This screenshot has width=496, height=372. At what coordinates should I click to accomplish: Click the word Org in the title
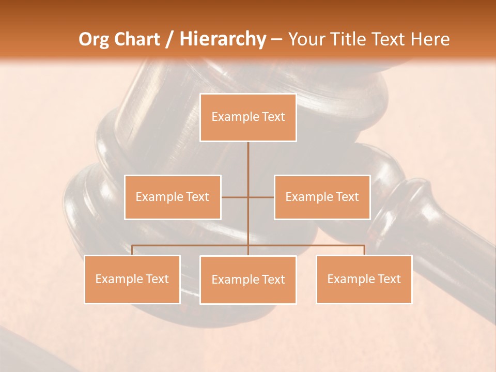95,39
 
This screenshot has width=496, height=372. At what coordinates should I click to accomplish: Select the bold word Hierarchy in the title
222,39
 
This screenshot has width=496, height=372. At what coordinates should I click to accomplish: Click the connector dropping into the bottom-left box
132,250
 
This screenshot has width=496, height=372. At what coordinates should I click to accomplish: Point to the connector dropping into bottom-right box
364,250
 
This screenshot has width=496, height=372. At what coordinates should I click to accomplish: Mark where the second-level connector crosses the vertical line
248,197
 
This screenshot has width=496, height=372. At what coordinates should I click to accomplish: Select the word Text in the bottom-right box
389,279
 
